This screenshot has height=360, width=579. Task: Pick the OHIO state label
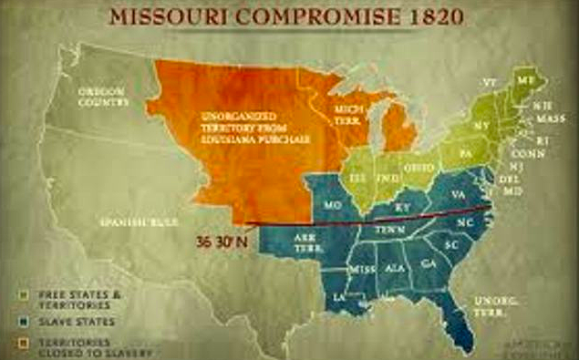(422, 169)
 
